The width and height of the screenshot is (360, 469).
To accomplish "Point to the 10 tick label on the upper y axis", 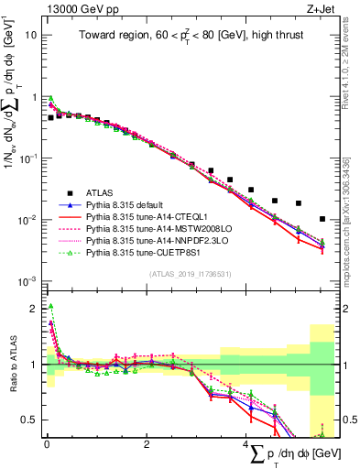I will click(x=31, y=35).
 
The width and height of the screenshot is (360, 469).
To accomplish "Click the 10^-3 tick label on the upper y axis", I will click(x=27, y=280).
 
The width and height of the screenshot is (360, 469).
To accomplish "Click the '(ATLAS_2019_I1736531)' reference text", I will click(x=191, y=274).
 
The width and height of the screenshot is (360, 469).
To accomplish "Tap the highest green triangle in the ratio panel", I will click(x=51, y=307).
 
